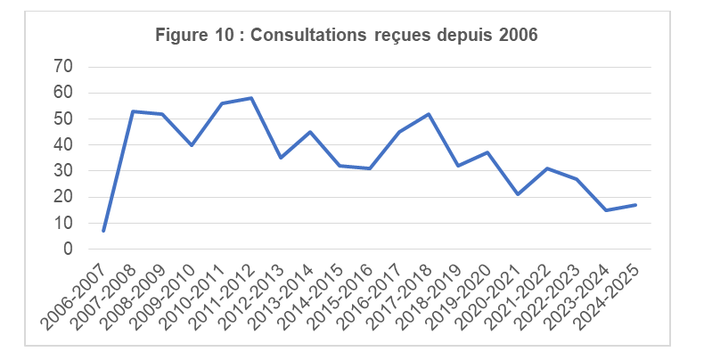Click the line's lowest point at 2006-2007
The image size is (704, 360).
click(x=103, y=231)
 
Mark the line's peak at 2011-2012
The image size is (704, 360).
click(x=251, y=98)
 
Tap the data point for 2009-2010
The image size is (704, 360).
click(x=192, y=145)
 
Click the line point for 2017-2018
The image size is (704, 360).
click(x=429, y=114)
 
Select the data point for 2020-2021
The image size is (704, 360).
click(x=517, y=194)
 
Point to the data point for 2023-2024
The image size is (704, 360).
click(x=606, y=210)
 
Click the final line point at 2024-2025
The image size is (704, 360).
click(x=635, y=205)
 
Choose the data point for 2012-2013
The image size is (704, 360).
click(x=281, y=158)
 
